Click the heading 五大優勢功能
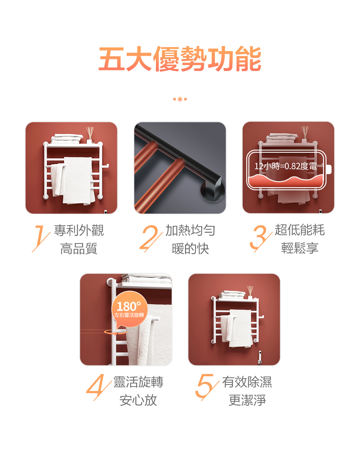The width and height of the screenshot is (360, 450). [x=180, y=59]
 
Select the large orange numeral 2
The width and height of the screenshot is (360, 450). [x=151, y=238]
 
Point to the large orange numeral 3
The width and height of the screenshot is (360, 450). [x=260, y=238]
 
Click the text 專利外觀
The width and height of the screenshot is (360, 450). [x=79, y=230]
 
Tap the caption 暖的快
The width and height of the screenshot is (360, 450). [x=190, y=249]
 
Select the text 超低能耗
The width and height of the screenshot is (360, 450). [x=300, y=230]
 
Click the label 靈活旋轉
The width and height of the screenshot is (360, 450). [x=138, y=382]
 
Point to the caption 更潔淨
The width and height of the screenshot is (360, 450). [x=247, y=400]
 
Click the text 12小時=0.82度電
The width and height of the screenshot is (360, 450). [x=285, y=166]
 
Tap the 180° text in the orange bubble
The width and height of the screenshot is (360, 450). [x=129, y=306]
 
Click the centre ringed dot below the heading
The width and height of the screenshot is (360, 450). [x=180, y=99]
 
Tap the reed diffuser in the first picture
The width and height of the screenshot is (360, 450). [x=90, y=135]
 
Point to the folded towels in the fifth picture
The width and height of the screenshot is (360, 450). [x=231, y=295]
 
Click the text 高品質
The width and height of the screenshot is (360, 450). [x=79, y=249]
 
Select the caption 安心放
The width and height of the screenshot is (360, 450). [x=138, y=400]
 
